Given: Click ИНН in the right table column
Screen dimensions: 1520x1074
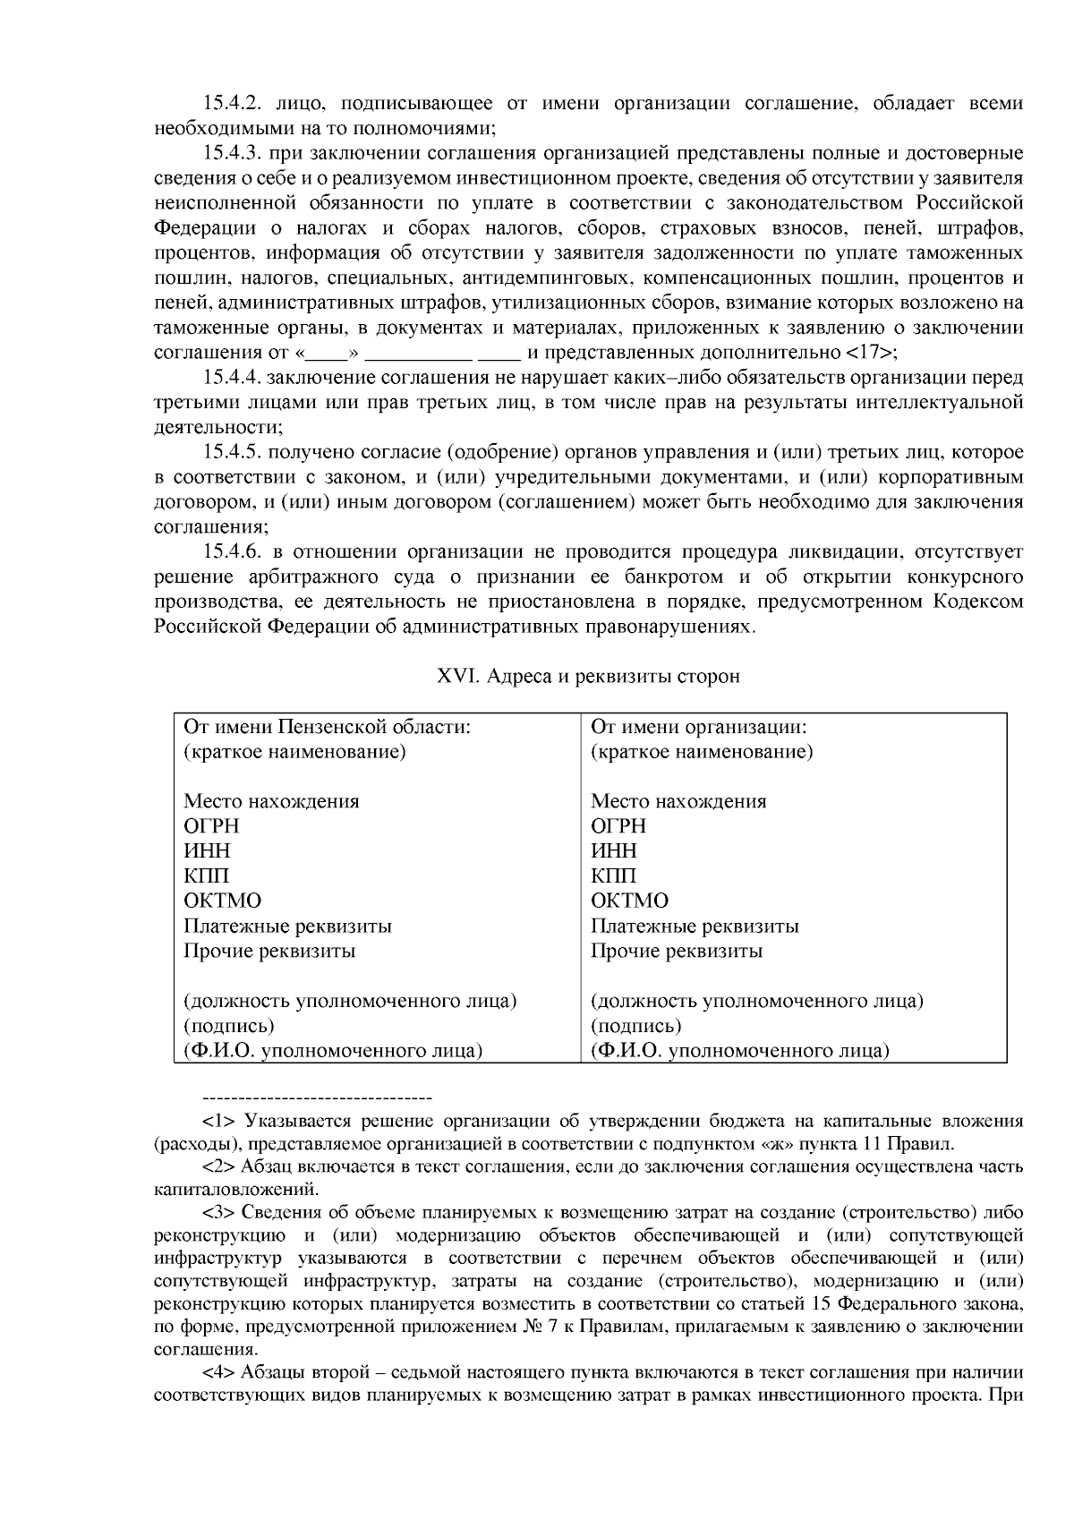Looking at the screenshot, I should point(614,850).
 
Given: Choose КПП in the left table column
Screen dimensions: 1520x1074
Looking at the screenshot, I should point(206,875).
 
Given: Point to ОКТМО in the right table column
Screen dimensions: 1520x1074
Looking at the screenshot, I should point(629,901).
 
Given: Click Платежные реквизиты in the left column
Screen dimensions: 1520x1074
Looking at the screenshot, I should point(287,926).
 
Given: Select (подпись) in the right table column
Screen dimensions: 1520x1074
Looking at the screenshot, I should point(635,1026).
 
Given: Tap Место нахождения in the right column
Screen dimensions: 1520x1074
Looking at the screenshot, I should point(678,801).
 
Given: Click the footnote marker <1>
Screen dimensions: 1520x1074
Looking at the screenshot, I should point(219,1121).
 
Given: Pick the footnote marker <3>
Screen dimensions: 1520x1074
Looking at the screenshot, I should point(219,1213).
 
